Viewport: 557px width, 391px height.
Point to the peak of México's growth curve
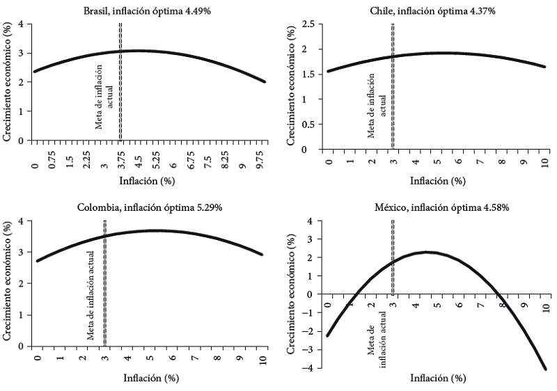[427, 253]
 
